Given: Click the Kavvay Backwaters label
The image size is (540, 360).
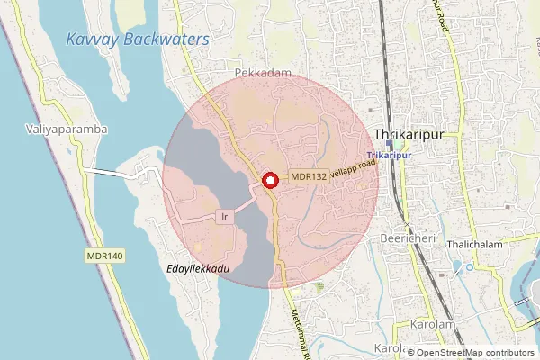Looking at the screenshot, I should pos(138,40).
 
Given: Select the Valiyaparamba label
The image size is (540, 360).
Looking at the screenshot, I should pos(67,130).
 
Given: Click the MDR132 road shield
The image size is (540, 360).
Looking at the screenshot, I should pos(309,177).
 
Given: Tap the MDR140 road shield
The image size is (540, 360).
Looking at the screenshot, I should pos(104,256).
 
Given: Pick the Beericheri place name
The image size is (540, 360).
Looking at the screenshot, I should pos(408,238).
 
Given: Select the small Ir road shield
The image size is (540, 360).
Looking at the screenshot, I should pos(225,217).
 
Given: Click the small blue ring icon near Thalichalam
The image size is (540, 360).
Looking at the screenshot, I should pos(470,266).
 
